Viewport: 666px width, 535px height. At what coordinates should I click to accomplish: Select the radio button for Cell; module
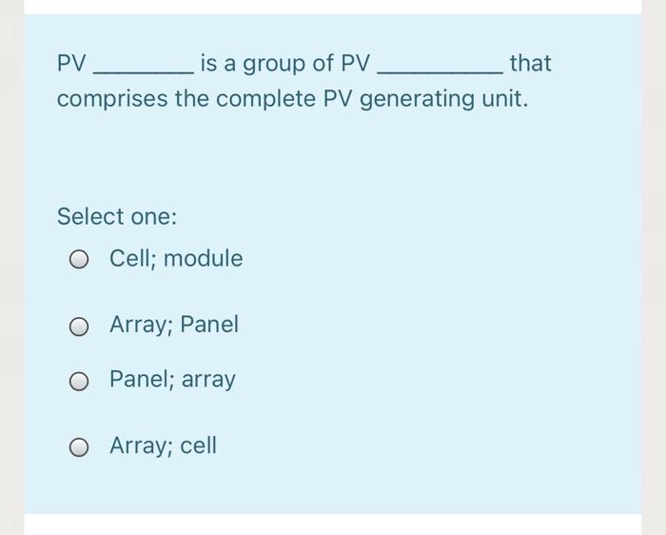(81, 260)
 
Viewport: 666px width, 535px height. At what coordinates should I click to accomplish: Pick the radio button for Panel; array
(81, 381)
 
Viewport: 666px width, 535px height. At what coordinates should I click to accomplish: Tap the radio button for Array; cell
(81, 446)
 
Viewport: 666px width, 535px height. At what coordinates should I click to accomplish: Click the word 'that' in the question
(530, 64)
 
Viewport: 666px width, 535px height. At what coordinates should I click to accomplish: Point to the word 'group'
(278, 65)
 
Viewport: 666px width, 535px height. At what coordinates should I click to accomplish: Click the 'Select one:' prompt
(117, 216)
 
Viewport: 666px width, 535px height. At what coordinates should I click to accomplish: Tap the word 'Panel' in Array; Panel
(209, 325)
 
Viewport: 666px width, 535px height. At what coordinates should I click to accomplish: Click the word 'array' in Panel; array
(208, 380)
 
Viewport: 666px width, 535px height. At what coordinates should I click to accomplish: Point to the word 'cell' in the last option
(199, 445)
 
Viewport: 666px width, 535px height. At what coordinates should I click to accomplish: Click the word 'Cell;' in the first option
(132, 259)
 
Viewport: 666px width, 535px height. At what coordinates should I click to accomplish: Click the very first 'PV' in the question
(71, 64)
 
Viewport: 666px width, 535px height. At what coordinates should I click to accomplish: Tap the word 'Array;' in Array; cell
(139, 446)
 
